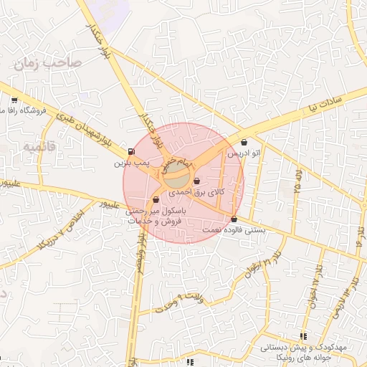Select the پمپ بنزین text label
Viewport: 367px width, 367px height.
[x=131, y=163]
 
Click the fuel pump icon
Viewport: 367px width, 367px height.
[x=130, y=151]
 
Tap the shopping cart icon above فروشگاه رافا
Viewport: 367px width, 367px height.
[x=15, y=100]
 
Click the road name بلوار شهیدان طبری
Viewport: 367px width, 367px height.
[x=72, y=126]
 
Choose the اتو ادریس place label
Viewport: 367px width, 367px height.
[x=243, y=153]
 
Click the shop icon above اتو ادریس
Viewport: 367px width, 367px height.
[x=246, y=142]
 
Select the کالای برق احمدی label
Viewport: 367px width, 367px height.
[x=196, y=193]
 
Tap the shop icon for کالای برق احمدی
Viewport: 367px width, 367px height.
[x=196, y=181]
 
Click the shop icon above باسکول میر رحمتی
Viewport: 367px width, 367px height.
[x=156, y=200]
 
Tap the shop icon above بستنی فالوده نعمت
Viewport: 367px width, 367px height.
[x=234, y=219]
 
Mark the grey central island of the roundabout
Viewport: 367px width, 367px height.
[x=180, y=176]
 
